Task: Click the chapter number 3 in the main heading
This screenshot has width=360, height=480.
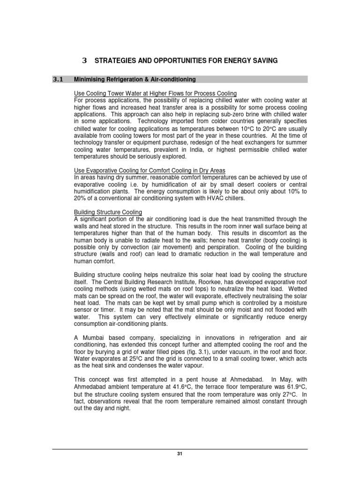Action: [x=84, y=60]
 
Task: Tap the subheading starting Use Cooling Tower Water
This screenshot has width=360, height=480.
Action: [x=155, y=93]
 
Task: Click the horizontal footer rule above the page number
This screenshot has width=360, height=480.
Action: [x=180, y=449]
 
